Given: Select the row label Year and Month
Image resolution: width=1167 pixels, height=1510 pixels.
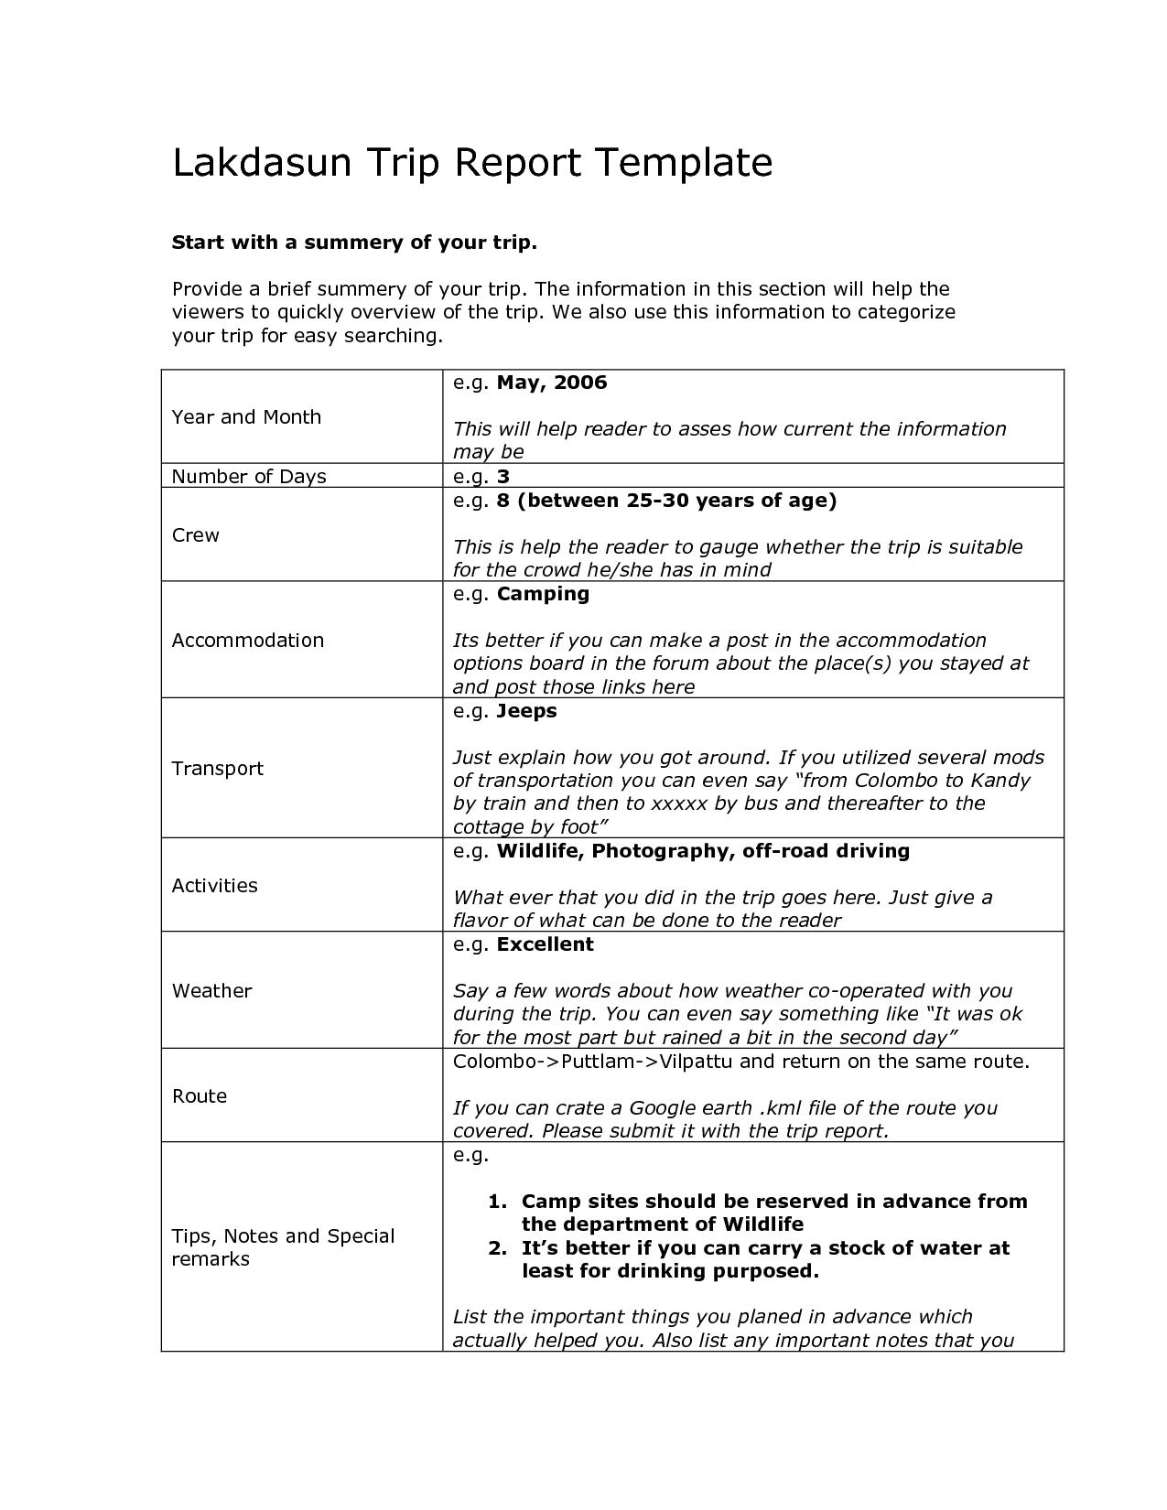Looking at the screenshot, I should click(x=246, y=417).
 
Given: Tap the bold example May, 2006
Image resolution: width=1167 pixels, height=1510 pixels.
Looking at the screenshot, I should click(x=552, y=383).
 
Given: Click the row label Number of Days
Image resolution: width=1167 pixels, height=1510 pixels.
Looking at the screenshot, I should click(x=249, y=477).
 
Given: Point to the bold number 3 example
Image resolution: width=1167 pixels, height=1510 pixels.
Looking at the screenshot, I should click(x=502, y=477).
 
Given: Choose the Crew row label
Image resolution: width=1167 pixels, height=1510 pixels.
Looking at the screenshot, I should click(x=196, y=535).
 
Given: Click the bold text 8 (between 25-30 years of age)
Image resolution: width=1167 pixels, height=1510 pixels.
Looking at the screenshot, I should click(x=666, y=501).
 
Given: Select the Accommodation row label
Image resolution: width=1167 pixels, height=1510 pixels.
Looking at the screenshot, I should click(x=248, y=641).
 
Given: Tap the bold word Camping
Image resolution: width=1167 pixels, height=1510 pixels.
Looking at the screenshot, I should click(x=543, y=594).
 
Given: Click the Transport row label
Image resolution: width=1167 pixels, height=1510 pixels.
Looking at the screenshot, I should click(x=218, y=769).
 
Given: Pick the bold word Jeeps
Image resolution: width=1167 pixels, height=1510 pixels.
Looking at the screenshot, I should click(x=526, y=711).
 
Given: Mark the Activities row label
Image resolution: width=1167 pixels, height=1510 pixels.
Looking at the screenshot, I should click(x=215, y=886).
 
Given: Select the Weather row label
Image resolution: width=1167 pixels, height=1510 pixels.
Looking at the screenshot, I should click(x=211, y=991).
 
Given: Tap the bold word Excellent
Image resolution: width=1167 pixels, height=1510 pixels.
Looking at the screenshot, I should click(x=545, y=944).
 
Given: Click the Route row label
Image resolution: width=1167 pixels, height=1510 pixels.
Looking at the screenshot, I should click(x=200, y=1096).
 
